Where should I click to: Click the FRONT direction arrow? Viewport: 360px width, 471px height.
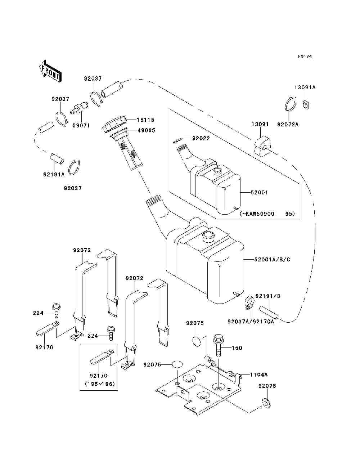pos(51,71)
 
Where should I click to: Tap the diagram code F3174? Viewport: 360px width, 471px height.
pos(305,57)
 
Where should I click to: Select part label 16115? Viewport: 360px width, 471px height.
pos(145,120)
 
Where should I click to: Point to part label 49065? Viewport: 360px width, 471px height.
pos(146,130)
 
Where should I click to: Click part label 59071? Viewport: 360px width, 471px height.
pos(81,125)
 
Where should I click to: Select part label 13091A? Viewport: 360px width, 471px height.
pos(305,88)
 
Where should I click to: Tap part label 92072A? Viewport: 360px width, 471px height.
pos(288,125)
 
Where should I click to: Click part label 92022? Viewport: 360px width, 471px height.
pos(201,138)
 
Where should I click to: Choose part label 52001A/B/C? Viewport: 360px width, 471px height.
pos(272,259)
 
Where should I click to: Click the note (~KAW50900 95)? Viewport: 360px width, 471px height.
pos(267,214)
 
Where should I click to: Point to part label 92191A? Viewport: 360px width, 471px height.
pos(54,174)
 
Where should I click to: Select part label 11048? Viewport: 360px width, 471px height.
pos(259,374)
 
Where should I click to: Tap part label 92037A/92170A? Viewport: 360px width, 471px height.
pos(251,328)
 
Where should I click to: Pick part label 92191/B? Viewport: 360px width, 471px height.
pos(268,296)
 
